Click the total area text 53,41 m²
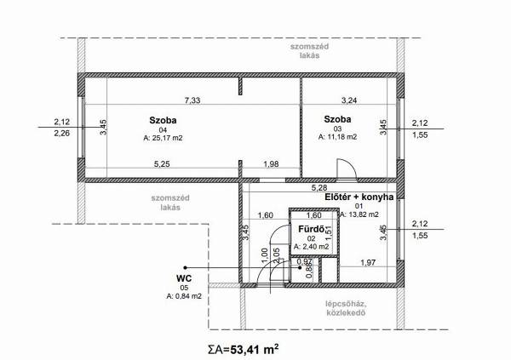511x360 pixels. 255,350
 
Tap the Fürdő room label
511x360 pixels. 311,229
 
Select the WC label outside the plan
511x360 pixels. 184,278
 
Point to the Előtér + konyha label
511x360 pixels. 359,197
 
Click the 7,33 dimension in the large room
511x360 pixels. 192,100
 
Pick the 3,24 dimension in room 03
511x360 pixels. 349,100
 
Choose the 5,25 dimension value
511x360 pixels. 162,164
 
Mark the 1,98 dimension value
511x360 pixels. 271,164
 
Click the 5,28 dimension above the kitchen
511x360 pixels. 319,187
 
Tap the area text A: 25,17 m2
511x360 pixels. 163,138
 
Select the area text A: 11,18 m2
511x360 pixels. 337,137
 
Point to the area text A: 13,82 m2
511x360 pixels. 359,214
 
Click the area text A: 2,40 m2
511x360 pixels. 311,247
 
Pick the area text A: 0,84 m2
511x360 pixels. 184,296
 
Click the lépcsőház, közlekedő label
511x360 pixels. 346,308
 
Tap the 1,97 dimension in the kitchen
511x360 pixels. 368,262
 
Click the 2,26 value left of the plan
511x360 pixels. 62,133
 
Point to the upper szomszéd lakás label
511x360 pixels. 310,51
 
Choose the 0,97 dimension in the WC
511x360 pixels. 306,261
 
